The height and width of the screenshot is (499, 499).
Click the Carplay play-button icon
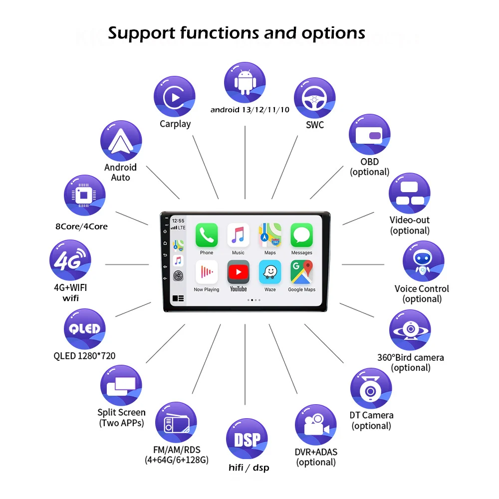[x=174, y=97]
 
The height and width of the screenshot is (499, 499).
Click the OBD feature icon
[x=369, y=135]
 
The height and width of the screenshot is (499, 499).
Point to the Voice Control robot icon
[x=423, y=261]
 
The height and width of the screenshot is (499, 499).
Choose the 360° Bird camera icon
[x=410, y=330]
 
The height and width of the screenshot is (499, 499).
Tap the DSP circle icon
[x=247, y=439]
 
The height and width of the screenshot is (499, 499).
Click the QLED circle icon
[x=85, y=329]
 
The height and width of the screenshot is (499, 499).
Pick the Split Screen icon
[x=121, y=385]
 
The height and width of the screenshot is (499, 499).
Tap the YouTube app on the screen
[x=239, y=272]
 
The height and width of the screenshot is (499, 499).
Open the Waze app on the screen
[x=270, y=272]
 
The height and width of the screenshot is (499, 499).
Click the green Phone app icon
[x=207, y=235]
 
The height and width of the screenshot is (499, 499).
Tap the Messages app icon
[x=301, y=235]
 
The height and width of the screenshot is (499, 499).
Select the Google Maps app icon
[x=301, y=272]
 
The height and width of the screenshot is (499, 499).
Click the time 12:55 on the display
[x=178, y=220]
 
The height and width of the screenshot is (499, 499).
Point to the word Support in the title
[x=140, y=33]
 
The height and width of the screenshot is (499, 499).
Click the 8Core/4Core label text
[x=81, y=227]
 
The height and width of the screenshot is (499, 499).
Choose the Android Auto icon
[x=121, y=141]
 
